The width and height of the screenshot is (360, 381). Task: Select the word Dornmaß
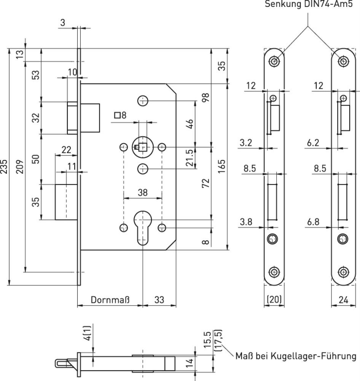pos(110,300)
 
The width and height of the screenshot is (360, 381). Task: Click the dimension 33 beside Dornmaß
pos(159,300)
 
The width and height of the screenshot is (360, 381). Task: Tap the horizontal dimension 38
pos(142,193)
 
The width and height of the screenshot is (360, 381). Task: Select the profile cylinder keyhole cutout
pos(142,229)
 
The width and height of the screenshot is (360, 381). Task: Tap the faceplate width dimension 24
pos(344,300)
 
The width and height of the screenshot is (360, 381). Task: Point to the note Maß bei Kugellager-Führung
pos(296,356)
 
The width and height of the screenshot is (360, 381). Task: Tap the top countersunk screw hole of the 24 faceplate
pos(344,61)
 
